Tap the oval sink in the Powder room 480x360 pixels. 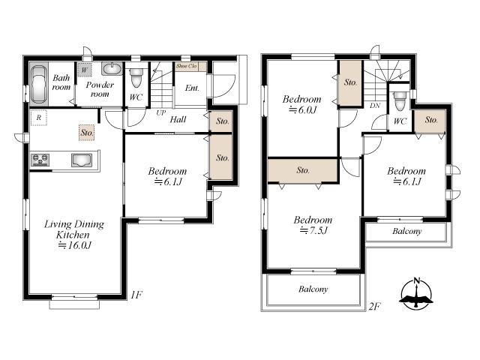point(112,69)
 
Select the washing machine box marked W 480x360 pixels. point(85,71)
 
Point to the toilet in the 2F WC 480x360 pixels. point(400,99)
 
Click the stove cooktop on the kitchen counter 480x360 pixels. point(40,159)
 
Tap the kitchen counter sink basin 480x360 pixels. point(82,159)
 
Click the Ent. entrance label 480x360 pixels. point(192,88)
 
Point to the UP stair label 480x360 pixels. point(160,112)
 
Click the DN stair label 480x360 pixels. point(374,106)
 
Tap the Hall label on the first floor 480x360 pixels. point(178,119)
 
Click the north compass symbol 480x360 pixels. point(416,293)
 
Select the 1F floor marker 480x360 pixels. point(136,295)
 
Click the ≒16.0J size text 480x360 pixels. point(73,246)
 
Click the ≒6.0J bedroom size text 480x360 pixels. point(303,109)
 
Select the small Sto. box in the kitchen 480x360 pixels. point(87,133)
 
